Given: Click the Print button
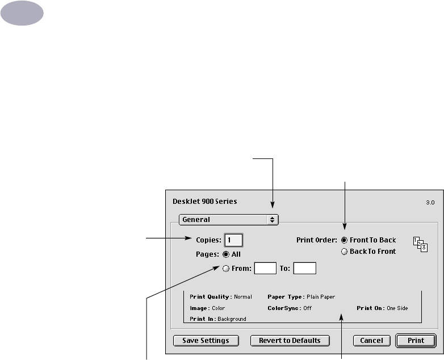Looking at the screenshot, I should [x=416, y=341].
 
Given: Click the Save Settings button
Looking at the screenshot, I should [x=206, y=341].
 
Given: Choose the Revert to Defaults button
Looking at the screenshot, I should [x=290, y=341].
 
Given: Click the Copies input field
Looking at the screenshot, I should [x=234, y=240].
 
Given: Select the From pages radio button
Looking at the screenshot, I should [x=226, y=269].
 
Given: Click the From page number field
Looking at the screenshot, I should [x=265, y=269].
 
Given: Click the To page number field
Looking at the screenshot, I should [x=304, y=269].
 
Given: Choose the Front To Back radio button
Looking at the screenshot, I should [x=345, y=240].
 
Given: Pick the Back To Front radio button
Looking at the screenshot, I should [x=345, y=252].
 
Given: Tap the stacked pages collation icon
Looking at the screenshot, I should [x=420, y=244].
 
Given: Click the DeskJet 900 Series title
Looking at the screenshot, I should [x=204, y=201].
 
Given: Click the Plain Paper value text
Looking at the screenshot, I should [x=320, y=296].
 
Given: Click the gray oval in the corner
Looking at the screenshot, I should [x=22, y=12].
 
